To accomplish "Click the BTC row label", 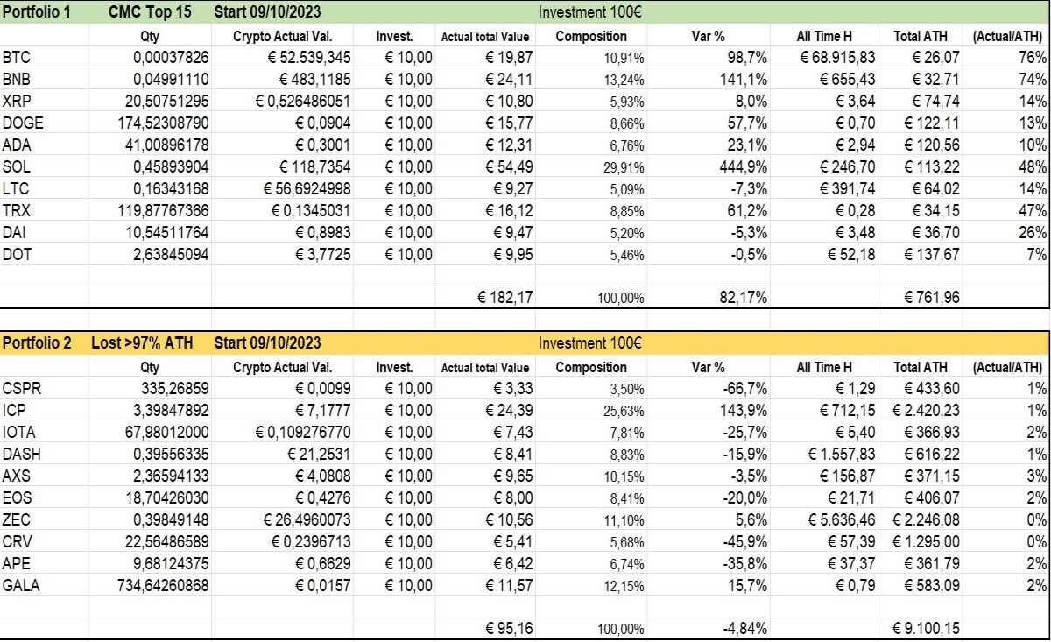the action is [x=16, y=57].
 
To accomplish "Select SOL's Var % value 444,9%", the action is [x=744, y=166].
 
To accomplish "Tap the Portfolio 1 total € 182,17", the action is [x=504, y=297].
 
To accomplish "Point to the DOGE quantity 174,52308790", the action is [x=163, y=123].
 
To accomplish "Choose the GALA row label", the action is [x=21, y=585].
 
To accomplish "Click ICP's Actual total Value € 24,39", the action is [x=509, y=410].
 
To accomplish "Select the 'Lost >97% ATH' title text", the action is [x=142, y=343].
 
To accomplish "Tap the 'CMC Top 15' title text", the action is [x=150, y=11].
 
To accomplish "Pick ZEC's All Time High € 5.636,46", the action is [x=842, y=519].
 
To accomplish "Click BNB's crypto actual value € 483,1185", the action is [x=314, y=79].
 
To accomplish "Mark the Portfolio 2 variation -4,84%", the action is [x=745, y=628].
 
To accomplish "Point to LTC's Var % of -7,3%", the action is [x=749, y=188].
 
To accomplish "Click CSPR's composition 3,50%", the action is [x=627, y=389].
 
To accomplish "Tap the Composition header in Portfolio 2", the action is [x=591, y=367].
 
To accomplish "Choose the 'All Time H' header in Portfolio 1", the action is [x=824, y=36].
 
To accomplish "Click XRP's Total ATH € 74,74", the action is [x=935, y=101].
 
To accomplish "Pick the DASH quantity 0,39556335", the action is [x=171, y=454].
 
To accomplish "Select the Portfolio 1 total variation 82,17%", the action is [x=744, y=297].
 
